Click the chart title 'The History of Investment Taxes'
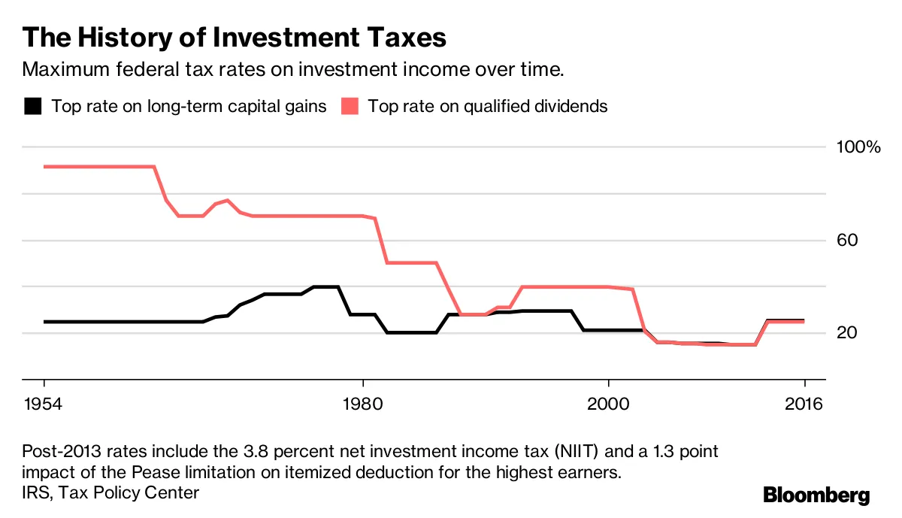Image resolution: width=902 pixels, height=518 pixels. coord(235,38)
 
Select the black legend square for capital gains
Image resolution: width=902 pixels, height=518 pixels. coord(32,106)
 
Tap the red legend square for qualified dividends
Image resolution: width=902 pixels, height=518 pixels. coord(350,106)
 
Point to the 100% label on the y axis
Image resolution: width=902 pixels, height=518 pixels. coord(858,147)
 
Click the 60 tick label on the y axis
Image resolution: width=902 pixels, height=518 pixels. coord(847,241)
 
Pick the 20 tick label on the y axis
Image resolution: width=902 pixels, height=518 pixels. coord(847,333)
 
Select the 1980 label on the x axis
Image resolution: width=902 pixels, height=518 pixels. coord(362,404)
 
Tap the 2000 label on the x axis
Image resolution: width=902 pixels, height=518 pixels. coord(608,404)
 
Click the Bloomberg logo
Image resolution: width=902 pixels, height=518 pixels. coord(816,495)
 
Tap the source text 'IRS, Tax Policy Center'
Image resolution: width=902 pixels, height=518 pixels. coord(110,493)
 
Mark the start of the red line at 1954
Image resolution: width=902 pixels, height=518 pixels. coord(44,166)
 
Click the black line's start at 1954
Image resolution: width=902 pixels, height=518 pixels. coord(44,322)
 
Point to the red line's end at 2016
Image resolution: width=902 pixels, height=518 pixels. coord(804,322)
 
